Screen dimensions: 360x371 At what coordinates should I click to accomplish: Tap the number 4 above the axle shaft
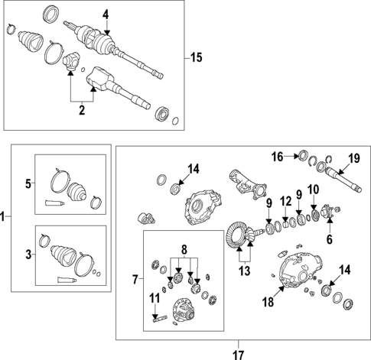point(106,13)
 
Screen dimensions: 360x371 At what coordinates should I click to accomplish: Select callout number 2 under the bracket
point(82,112)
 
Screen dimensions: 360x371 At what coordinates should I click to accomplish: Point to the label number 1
point(4,217)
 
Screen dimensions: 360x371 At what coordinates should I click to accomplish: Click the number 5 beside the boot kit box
point(29,184)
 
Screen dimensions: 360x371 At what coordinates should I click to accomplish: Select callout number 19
point(354,159)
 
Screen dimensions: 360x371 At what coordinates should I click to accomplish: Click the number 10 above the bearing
point(314,189)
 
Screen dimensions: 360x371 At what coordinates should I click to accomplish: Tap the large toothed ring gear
point(240,232)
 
